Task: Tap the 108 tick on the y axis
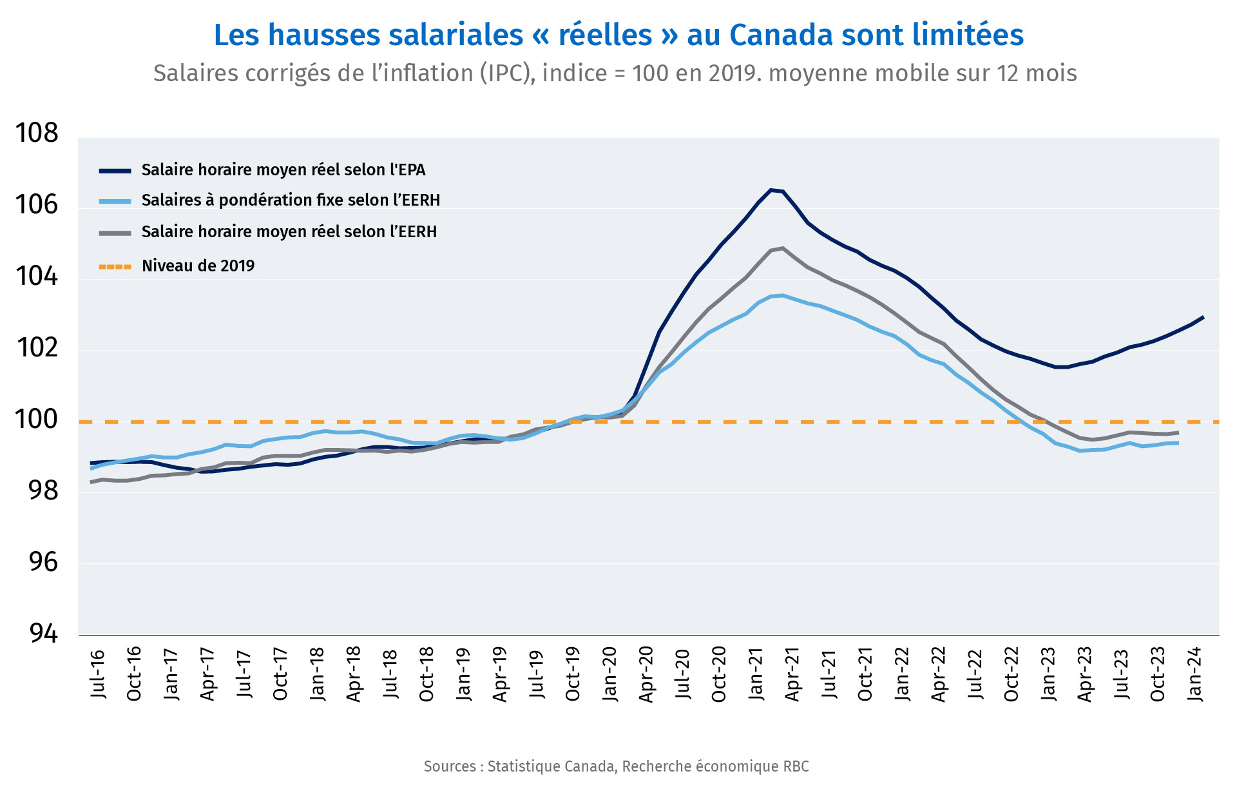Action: [x=36, y=133]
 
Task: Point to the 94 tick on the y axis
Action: [x=43, y=634]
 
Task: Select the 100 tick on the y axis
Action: [x=36, y=420]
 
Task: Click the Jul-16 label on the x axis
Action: [x=97, y=674]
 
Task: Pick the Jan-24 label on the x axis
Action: [x=1195, y=674]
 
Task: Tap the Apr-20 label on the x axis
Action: [x=646, y=674]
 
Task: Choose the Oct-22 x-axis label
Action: [x=1012, y=674]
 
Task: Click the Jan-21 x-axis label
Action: [x=756, y=674]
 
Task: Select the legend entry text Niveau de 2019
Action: [x=198, y=266]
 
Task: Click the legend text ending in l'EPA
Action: [x=283, y=170]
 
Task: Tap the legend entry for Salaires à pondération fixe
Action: [x=291, y=200]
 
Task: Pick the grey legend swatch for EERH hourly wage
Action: [x=115, y=232]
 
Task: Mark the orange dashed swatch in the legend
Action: [x=115, y=266]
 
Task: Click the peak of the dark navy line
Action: [x=771, y=189]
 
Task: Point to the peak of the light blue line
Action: [x=782, y=295]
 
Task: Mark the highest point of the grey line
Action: [x=782, y=248]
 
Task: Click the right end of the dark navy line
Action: [x=1203, y=317]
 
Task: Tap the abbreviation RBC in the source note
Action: [x=796, y=766]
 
